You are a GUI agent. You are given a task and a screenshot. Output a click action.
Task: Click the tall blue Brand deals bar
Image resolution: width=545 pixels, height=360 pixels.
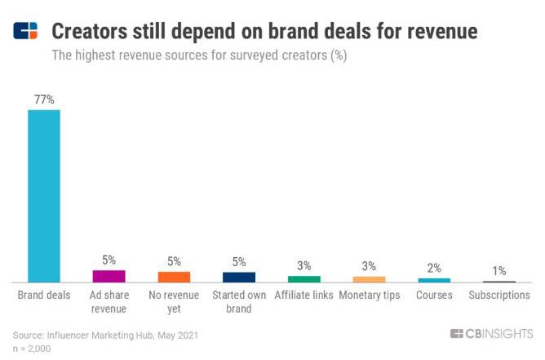click(44, 196)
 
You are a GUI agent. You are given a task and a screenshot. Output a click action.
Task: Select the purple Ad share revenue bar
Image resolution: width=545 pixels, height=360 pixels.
click(109, 276)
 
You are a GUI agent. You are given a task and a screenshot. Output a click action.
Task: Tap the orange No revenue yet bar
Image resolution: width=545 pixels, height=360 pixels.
click(174, 277)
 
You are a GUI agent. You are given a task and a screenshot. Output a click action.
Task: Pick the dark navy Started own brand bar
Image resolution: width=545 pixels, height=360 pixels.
click(239, 277)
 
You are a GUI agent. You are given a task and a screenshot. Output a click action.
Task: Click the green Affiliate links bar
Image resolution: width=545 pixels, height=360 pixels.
click(304, 278)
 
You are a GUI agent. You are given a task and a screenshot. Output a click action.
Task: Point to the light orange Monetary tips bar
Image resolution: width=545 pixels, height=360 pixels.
click(369, 278)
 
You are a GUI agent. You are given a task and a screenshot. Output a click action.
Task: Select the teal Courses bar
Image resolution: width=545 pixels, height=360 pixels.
click(434, 280)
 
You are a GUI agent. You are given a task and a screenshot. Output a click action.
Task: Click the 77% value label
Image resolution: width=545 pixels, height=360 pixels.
click(44, 100)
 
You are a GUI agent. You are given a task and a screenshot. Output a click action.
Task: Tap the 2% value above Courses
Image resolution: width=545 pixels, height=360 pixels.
click(434, 268)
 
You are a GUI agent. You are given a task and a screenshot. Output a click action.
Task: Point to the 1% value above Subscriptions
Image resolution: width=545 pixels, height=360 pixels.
click(499, 270)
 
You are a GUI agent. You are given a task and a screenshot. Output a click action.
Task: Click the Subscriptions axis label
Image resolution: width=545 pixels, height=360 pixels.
click(499, 295)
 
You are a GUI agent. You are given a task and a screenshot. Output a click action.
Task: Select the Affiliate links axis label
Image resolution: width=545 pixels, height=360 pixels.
click(304, 295)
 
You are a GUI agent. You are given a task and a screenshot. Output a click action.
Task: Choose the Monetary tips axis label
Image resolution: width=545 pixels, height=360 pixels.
click(369, 295)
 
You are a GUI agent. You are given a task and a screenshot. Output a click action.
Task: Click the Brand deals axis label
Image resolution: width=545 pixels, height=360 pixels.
click(44, 295)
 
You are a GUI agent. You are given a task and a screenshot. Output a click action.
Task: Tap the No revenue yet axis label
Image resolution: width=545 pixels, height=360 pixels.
click(174, 301)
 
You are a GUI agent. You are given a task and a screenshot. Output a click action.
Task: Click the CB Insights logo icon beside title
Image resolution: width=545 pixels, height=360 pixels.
click(25, 31)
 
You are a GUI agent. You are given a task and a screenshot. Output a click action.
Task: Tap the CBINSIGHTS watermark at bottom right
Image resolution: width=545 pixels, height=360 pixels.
click(491, 333)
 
